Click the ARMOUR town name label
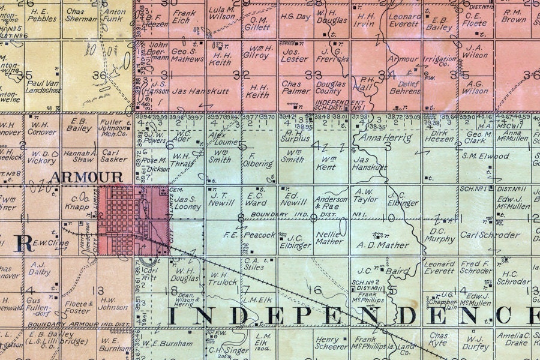(x=86, y=177)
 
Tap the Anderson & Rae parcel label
(x=331, y=203)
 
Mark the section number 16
(x=314, y=290)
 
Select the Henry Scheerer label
(x=331, y=343)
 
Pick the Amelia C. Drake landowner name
(x=517, y=339)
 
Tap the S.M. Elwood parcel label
(x=485, y=156)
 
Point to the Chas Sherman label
(x=80, y=15)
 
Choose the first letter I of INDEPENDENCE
(x=173, y=316)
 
